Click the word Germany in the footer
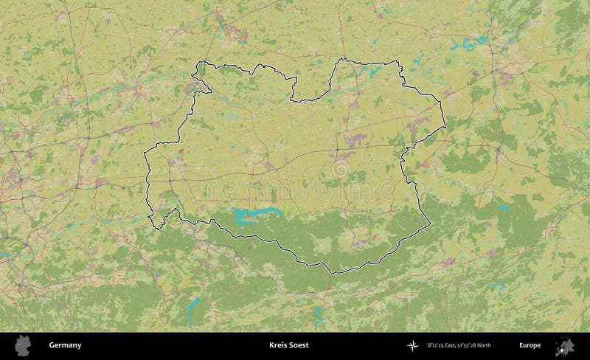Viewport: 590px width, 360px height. tap(65, 345)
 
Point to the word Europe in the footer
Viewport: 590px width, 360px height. tap(530, 345)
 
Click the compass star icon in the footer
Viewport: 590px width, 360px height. tap(412, 345)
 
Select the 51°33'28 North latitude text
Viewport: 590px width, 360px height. tap(475, 345)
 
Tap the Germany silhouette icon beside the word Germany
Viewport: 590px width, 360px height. tap(24, 345)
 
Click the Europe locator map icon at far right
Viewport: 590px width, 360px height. tap(566, 345)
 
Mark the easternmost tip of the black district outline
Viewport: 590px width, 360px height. tap(445, 128)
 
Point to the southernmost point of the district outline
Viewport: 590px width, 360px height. tap(332, 274)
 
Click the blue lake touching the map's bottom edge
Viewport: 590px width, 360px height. tap(319, 317)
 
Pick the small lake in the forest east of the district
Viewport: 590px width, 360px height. tap(504, 209)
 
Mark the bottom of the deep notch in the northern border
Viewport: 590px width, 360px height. tap(293, 100)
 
